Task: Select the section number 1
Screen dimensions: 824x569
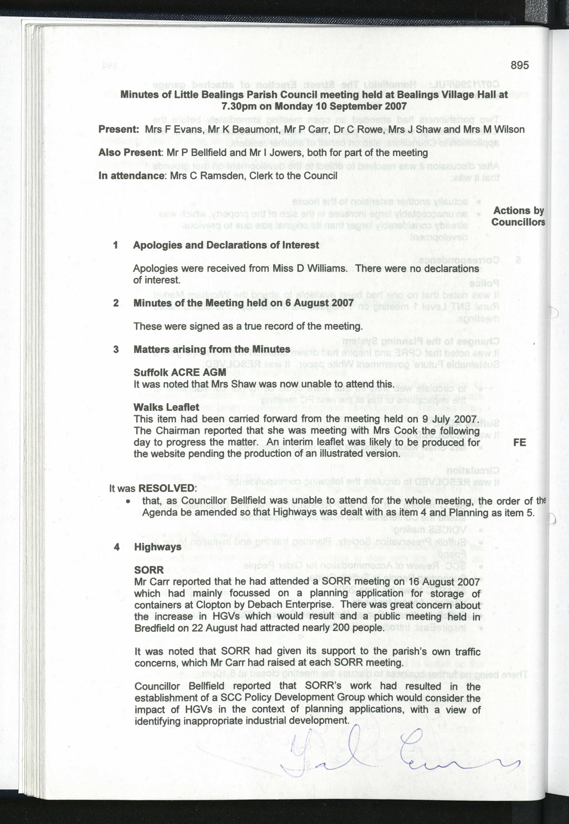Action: click(x=115, y=245)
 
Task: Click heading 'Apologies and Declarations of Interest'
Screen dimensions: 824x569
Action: click(x=226, y=245)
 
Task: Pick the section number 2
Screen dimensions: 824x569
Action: click(x=116, y=303)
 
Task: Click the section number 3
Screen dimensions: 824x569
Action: click(x=116, y=349)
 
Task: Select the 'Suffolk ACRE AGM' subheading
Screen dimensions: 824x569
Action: click(x=180, y=372)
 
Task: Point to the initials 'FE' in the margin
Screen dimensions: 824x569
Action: click(x=519, y=442)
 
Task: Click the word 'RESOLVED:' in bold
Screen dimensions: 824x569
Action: click(x=167, y=488)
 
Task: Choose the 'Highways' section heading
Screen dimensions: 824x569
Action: click(x=158, y=547)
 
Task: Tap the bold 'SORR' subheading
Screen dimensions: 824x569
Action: click(x=149, y=570)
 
